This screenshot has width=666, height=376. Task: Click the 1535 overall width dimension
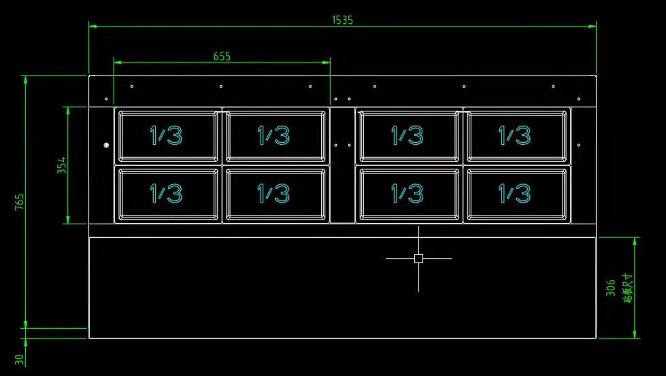342,20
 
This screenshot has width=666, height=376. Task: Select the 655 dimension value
222,56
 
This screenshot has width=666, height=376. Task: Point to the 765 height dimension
20,202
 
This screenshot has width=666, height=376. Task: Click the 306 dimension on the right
611,287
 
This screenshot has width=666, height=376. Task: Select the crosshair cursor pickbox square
418,258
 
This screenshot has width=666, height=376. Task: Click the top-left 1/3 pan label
166,135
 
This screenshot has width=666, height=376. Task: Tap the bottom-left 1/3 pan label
166,194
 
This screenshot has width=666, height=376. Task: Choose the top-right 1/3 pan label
515,135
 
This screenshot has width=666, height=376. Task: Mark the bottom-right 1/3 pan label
515,194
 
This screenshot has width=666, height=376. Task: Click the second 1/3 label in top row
273,135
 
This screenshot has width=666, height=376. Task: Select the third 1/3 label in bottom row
407,194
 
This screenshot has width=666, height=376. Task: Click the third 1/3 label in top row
407,135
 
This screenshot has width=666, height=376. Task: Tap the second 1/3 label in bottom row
273,194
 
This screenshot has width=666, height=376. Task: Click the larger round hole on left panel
106,145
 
